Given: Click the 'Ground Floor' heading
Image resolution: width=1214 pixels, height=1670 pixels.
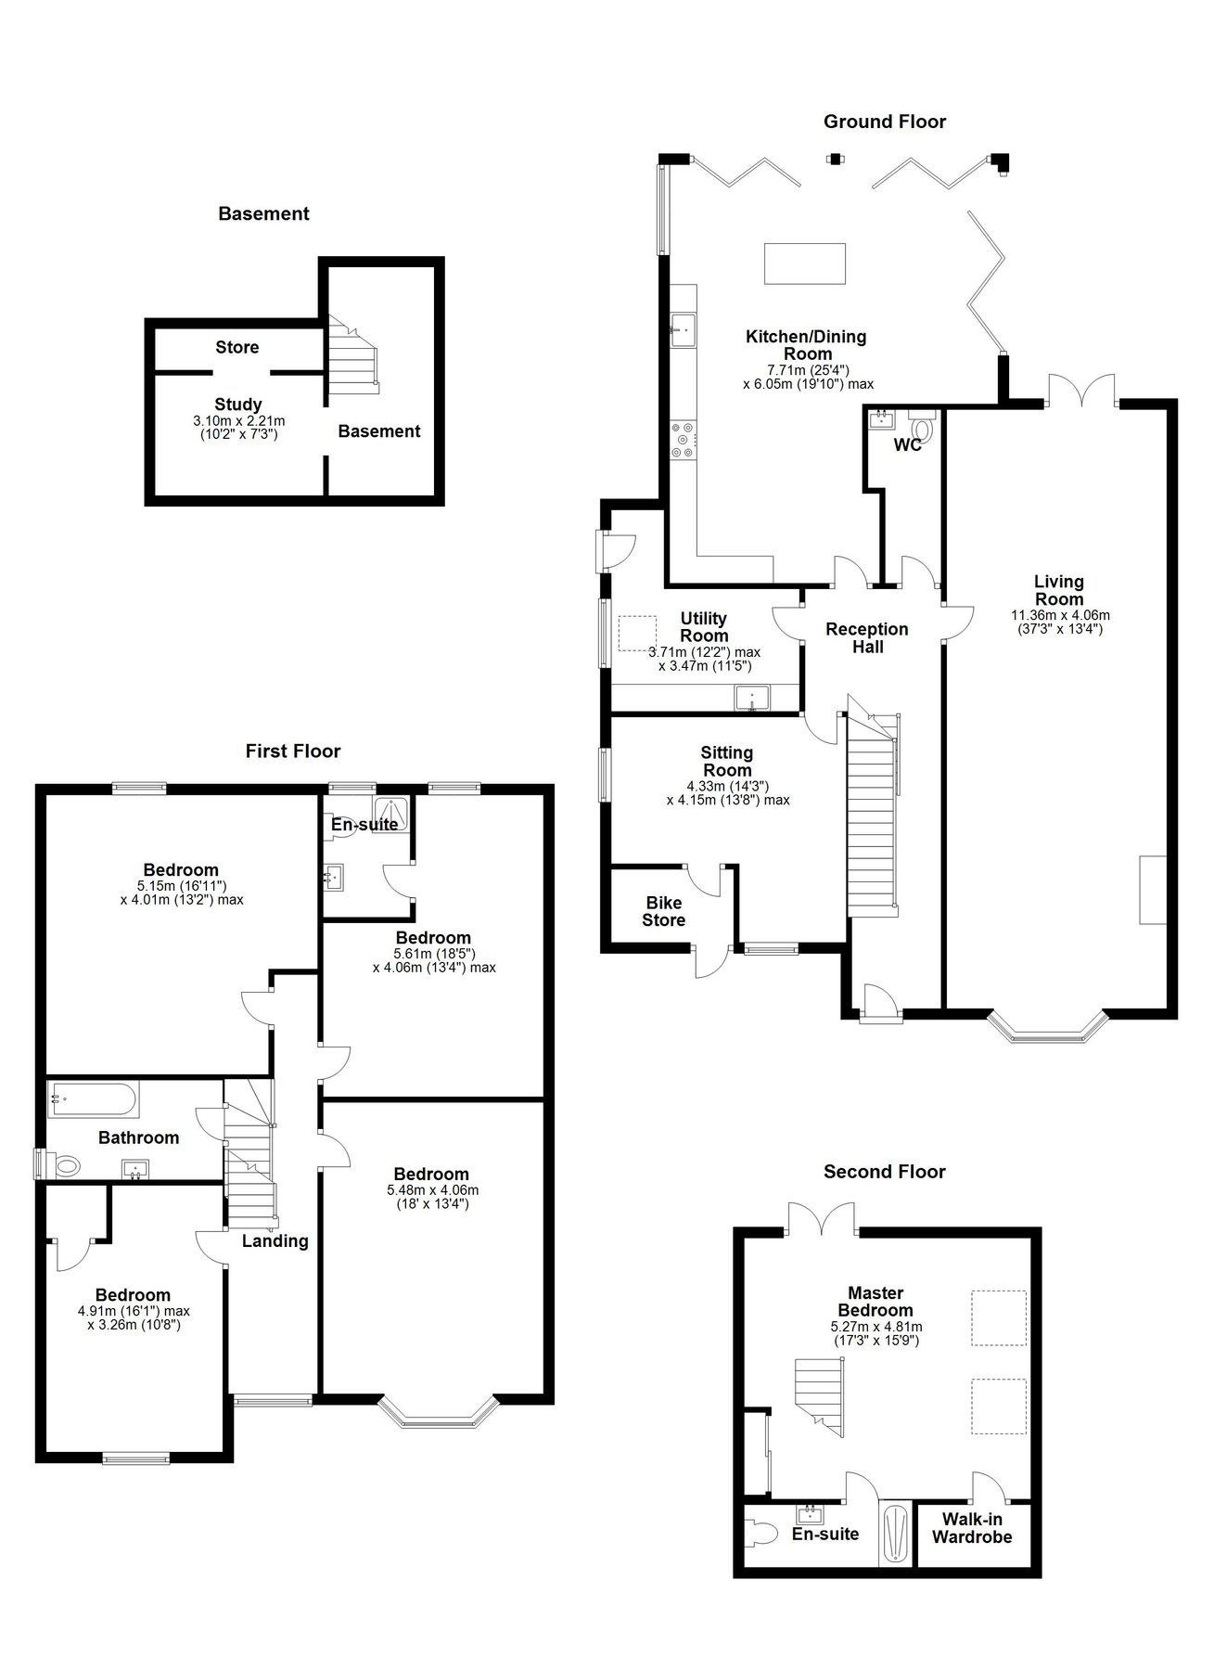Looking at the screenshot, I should click(x=884, y=122).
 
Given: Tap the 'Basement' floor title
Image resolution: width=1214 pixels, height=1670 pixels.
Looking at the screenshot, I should click(x=263, y=213).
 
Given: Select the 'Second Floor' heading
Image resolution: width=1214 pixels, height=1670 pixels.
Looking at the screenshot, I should click(x=884, y=1172).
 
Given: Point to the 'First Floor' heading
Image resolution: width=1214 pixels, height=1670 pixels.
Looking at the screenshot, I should click(x=293, y=751).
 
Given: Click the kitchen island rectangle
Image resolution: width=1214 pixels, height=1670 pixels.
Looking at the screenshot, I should click(x=804, y=263).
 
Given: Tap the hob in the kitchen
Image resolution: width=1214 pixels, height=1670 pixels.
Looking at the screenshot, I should click(x=684, y=440).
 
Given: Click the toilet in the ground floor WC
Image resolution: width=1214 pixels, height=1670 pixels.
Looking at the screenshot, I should click(x=922, y=429).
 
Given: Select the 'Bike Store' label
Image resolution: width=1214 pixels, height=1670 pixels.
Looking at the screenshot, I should click(x=664, y=911).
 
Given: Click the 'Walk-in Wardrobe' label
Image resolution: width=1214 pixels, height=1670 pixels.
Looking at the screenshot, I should click(x=972, y=1528).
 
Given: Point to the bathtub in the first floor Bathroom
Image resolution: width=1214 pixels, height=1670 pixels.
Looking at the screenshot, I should click(x=93, y=1100).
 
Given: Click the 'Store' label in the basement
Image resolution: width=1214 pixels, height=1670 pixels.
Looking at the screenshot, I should click(x=237, y=347).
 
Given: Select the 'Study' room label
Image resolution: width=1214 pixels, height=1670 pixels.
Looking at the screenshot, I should click(x=238, y=405).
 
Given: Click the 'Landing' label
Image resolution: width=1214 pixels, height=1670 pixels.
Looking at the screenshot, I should click(x=275, y=1241).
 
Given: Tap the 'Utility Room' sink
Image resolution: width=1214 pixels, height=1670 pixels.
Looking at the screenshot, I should click(x=749, y=697).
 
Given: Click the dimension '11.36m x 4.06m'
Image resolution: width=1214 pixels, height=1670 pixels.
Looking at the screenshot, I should click(x=1060, y=614).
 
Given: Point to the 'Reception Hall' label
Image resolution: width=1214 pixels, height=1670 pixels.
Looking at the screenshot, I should click(x=867, y=637).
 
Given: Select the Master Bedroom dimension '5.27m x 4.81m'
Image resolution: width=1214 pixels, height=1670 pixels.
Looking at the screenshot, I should click(x=875, y=1327).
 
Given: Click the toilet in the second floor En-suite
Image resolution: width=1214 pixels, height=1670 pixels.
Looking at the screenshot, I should click(x=762, y=1533).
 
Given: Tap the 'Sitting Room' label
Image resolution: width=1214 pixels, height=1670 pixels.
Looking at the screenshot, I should click(x=727, y=761).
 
